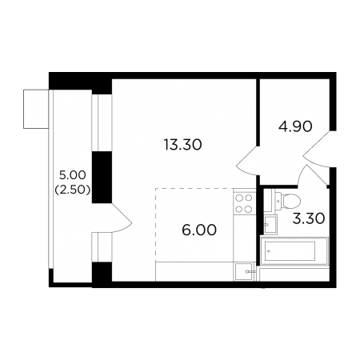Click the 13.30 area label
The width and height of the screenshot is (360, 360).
183,145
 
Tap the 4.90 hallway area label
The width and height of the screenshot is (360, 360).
295,126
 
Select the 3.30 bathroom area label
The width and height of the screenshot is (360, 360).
309,218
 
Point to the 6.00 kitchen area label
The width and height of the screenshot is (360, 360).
199,230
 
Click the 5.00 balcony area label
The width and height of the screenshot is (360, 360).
73,175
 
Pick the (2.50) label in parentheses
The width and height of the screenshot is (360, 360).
73,190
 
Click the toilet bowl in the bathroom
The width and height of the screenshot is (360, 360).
289,200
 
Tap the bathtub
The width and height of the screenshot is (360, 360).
294,251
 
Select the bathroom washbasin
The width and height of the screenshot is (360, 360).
270,225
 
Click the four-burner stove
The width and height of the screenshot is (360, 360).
244,204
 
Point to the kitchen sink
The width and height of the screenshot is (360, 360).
244,272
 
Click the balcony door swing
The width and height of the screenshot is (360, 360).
122,218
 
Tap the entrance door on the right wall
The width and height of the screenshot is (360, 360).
317,149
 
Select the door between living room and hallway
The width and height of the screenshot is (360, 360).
247,161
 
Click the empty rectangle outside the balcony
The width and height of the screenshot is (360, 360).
36,109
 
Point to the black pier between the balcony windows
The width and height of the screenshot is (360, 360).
102,178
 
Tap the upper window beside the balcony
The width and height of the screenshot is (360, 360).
102,123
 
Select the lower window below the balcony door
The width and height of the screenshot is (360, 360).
102,247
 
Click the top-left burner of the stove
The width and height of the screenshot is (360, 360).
239,198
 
